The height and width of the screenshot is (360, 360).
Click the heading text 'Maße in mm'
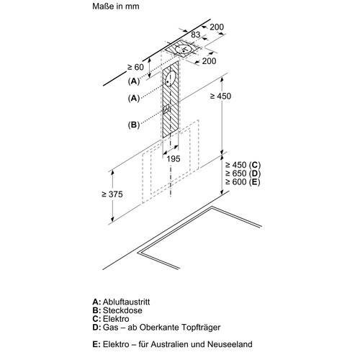[116, 6]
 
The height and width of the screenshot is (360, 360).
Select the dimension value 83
[196, 35]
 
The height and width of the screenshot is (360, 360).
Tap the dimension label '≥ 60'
[135, 67]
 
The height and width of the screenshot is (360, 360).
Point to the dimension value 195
[174, 159]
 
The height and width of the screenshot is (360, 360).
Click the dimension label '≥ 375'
[112, 194]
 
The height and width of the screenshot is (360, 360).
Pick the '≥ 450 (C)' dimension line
[243, 165]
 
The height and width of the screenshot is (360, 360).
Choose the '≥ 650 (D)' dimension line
[243, 174]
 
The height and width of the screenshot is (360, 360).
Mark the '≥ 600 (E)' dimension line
[243, 182]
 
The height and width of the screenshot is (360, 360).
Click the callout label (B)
[134, 125]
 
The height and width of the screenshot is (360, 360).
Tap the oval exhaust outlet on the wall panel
[170, 78]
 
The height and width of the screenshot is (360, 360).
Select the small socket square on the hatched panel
[166, 109]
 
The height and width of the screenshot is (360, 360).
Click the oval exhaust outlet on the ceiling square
[183, 49]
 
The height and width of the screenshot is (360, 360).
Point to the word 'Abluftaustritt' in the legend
[126, 302]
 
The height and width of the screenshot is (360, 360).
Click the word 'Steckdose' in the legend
[122, 310]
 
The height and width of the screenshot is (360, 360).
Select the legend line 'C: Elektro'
[111, 319]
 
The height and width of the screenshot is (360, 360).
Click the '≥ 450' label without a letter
[220, 96]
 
